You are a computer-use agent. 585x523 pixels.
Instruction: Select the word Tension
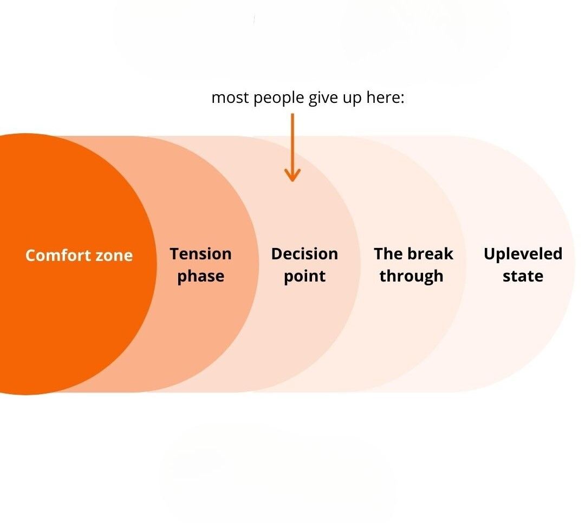(x=200, y=254)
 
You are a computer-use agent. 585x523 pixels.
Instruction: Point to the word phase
(x=200, y=277)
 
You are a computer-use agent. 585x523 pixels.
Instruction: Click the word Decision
(x=304, y=254)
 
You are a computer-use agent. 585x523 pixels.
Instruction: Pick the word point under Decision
(x=304, y=277)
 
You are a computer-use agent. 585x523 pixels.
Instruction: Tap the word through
(x=411, y=277)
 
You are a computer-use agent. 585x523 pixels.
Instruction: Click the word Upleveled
(x=523, y=254)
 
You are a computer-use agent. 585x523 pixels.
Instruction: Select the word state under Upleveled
(x=523, y=277)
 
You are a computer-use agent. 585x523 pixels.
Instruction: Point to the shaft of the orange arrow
(x=292, y=141)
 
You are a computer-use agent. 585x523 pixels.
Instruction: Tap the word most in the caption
(x=230, y=99)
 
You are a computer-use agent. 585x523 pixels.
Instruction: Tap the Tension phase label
(x=200, y=265)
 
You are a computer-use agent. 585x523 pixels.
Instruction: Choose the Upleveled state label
(x=523, y=265)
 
